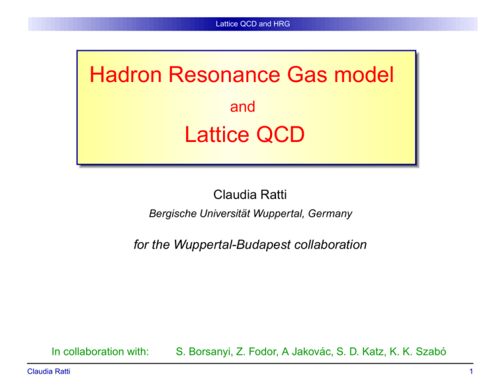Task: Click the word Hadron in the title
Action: [125, 75]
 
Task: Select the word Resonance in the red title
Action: [224, 75]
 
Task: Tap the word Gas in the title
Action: [307, 75]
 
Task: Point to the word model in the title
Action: [363, 75]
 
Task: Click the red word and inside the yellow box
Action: [243, 107]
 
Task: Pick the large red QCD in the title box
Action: [281, 135]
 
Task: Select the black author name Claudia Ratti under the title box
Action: [250, 195]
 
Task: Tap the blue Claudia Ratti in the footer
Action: [48, 371]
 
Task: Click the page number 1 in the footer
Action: [471, 371]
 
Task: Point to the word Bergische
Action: [173, 214]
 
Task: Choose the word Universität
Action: [225, 214]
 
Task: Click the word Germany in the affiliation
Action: [330, 214]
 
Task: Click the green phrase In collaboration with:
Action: [100, 352]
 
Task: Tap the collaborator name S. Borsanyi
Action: [204, 352]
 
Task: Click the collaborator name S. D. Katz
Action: [361, 352]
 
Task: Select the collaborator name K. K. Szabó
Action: [418, 352]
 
